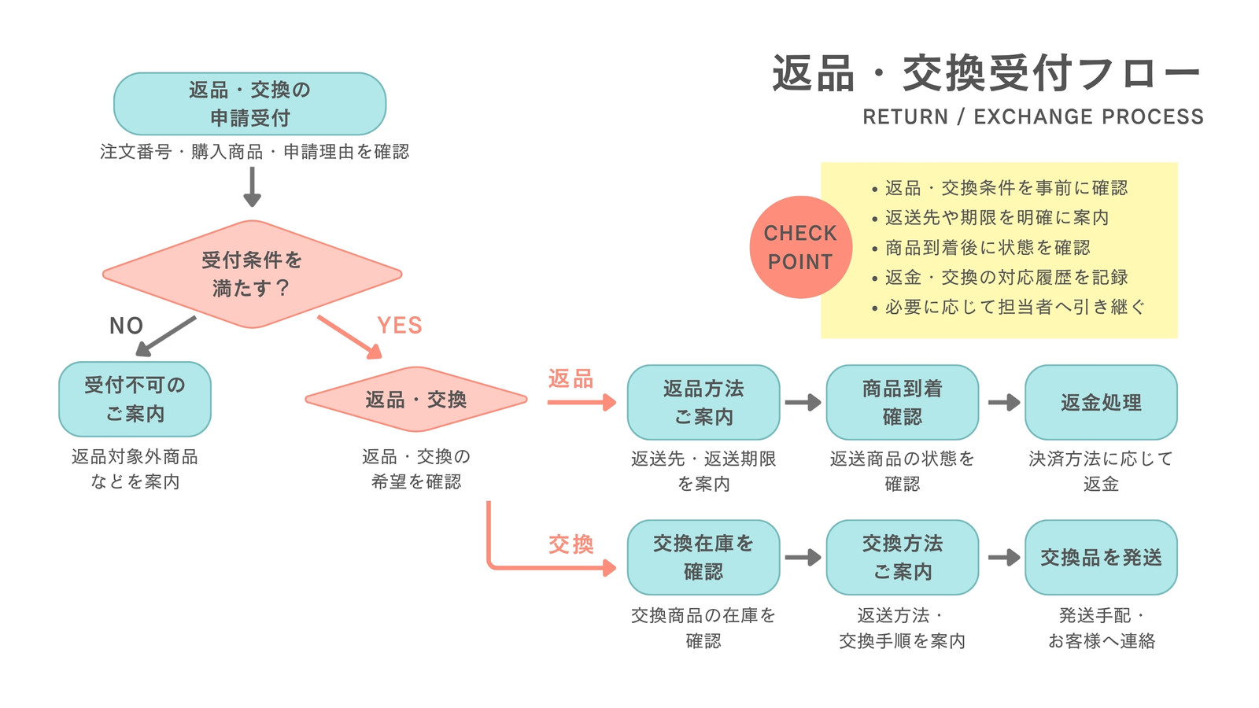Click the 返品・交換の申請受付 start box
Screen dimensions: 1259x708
coord(250,104)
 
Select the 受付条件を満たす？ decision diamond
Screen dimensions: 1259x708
coord(253,275)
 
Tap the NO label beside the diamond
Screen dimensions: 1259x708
coord(126,326)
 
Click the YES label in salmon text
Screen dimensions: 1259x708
coord(400,326)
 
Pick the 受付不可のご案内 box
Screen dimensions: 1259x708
coord(135,400)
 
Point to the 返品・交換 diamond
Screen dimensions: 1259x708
coord(416,400)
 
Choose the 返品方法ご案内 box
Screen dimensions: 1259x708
coord(703,402)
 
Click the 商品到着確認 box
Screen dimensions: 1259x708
coord(903,402)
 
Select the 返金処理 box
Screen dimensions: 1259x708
coord(1101,402)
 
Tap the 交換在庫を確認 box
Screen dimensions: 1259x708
coord(703,558)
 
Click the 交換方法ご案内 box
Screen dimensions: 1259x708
coord(903,558)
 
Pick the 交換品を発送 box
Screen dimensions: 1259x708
coord(1101,558)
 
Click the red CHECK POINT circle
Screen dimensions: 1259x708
coord(801,247)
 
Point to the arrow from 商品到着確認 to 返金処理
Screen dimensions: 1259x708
coord(1004,402)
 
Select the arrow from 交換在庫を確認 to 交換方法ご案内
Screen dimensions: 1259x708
coord(803,558)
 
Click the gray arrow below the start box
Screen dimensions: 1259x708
coord(253,187)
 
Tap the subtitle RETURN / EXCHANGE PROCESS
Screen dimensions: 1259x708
coord(1033,117)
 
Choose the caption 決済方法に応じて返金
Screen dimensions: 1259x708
coord(1101,471)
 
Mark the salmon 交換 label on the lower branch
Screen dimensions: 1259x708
coord(571,544)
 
